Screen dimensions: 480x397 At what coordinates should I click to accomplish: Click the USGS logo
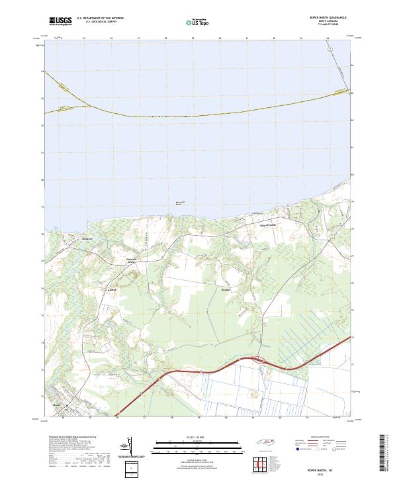tap(60, 21)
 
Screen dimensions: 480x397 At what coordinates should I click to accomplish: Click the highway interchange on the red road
tap(257, 361)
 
